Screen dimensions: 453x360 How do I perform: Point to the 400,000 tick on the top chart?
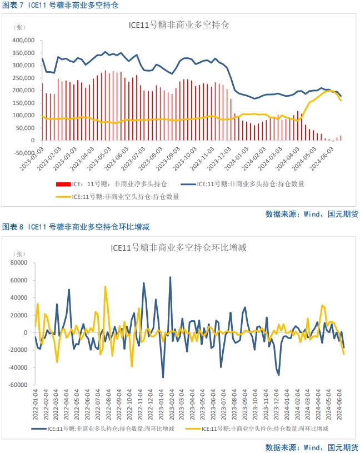[24, 41]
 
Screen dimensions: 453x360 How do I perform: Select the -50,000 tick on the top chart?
[25, 141]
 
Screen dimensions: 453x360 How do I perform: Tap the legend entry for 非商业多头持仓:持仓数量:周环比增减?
[111, 430]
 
